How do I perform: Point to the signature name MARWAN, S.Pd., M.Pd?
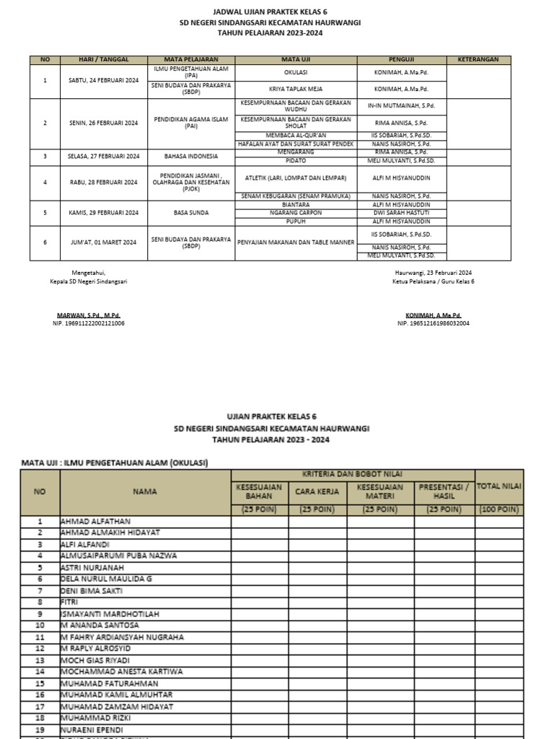[89, 316]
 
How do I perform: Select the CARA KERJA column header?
[317, 492]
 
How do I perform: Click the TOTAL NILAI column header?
[498, 486]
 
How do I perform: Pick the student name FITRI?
[69, 602]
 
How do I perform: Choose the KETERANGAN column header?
[479, 60]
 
